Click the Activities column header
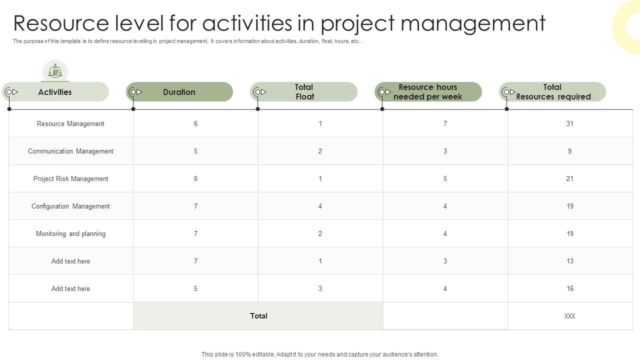(x=55, y=92)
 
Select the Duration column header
(x=179, y=92)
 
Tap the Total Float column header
(x=304, y=92)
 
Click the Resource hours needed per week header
(x=428, y=92)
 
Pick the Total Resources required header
(x=552, y=92)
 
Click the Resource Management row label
(x=70, y=123)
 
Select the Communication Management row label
(x=70, y=151)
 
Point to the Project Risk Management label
(x=70, y=178)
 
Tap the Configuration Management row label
(x=70, y=206)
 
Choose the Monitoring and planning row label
(x=70, y=233)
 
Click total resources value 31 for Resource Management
(x=569, y=123)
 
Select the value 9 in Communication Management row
(x=569, y=151)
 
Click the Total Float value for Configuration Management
(x=320, y=206)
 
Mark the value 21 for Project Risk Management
(x=569, y=178)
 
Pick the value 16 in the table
(x=569, y=288)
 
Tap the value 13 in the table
(x=569, y=261)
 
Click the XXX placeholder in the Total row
(x=569, y=316)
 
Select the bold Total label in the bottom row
(x=258, y=316)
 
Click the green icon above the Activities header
(x=55, y=71)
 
